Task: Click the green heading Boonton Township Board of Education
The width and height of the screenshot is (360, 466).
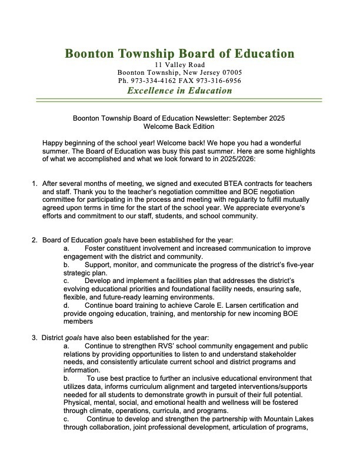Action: point(179,54)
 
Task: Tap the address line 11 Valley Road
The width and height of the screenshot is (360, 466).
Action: point(179,64)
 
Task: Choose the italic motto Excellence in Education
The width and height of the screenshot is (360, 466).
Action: point(179,91)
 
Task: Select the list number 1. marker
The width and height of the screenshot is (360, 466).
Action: point(35,184)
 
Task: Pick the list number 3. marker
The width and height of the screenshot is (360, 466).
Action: point(35,338)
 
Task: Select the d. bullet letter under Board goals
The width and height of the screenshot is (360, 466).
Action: point(66,305)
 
